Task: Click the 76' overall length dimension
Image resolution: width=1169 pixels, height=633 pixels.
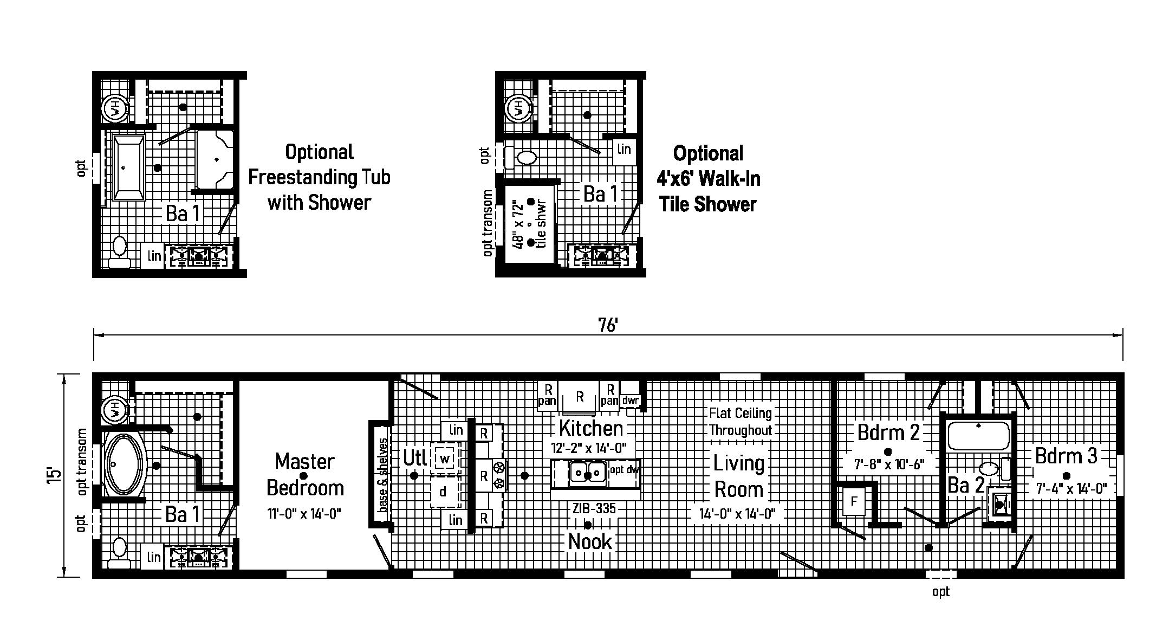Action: pos(608,325)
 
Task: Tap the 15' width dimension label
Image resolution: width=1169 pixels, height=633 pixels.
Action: pos(54,475)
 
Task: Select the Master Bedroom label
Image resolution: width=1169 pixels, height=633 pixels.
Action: pos(305,475)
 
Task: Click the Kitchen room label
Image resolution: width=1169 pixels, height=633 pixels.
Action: pos(591,428)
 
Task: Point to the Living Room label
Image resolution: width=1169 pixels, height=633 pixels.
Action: pos(739,476)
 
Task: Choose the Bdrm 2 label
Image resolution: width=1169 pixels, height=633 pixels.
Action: pos(888,432)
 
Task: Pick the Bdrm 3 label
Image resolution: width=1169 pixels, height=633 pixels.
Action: pos(1066,455)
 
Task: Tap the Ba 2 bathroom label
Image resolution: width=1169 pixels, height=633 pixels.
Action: pos(966,485)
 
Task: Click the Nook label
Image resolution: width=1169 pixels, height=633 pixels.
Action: pos(590,541)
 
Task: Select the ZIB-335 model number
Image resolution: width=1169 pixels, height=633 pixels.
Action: pos(594,508)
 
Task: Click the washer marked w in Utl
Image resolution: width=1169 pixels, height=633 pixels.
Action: pos(445,459)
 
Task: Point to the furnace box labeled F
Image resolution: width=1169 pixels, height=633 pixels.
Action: pos(854,501)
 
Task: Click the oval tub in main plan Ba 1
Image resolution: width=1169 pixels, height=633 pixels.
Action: pos(124,464)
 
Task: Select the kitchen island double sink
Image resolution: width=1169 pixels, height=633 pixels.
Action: pos(588,474)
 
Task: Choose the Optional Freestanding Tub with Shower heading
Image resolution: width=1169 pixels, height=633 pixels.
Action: pos(319,177)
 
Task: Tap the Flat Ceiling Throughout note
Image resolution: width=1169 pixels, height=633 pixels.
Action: pos(741,422)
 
